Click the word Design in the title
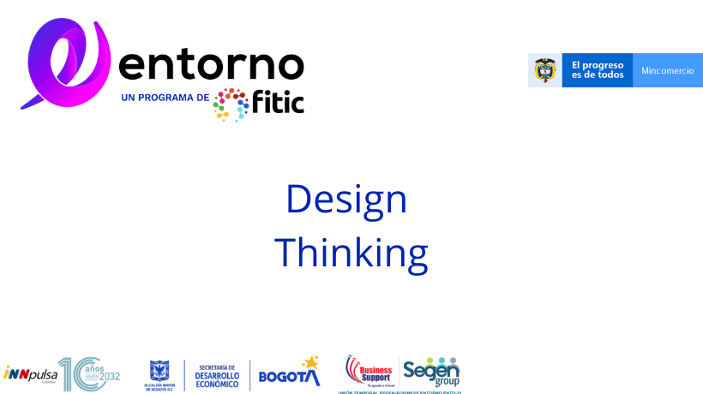tap(345, 200)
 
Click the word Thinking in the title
tap(351, 253)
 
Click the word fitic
tap(278, 103)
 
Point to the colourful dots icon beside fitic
tap(231, 104)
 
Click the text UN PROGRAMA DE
tap(165, 98)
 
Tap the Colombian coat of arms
tap(544, 70)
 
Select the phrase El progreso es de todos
tap(597, 70)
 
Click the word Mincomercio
tap(668, 70)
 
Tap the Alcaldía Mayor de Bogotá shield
tap(159, 370)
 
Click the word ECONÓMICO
tap(217, 383)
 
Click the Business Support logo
tap(370, 370)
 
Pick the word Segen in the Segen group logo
tap(430, 370)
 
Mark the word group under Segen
tap(448, 382)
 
